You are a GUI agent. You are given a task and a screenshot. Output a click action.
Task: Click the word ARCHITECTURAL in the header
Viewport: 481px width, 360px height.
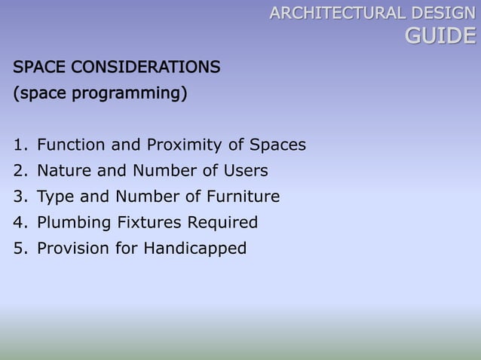tap(336, 13)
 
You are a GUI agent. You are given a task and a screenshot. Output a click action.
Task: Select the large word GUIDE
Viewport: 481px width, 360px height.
tap(441, 35)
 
